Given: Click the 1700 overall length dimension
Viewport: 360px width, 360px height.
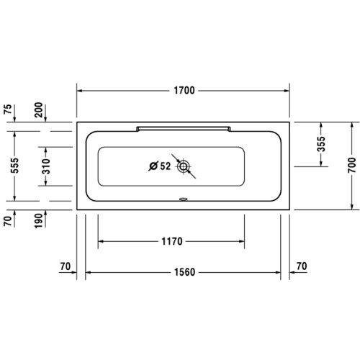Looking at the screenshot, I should click(x=184, y=91).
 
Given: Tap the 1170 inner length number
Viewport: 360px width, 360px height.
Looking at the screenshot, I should click(x=171, y=240).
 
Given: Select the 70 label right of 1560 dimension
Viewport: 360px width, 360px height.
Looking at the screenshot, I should click(x=302, y=267).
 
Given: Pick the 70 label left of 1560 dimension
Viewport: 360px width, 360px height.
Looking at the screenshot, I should click(x=66, y=267).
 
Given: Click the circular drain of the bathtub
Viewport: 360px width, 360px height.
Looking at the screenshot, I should click(x=184, y=167).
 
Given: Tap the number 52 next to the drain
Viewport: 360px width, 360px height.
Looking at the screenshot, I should click(x=165, y=167).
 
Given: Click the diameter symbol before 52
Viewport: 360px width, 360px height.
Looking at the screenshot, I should click(x=153, y=167).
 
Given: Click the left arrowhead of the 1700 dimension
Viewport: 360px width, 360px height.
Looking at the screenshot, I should click(x=80, y=91).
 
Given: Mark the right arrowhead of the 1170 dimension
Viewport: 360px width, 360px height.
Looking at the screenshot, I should click(x=243, y=240).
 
